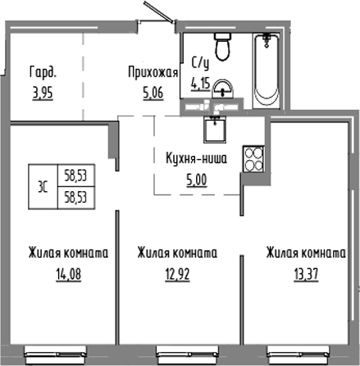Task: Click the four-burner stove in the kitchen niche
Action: pyautogui.click(x=251, y=158)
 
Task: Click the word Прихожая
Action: pyautogui.click(x=153, y=71)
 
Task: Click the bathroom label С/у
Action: pyautogui.click(x=199, y=62)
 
